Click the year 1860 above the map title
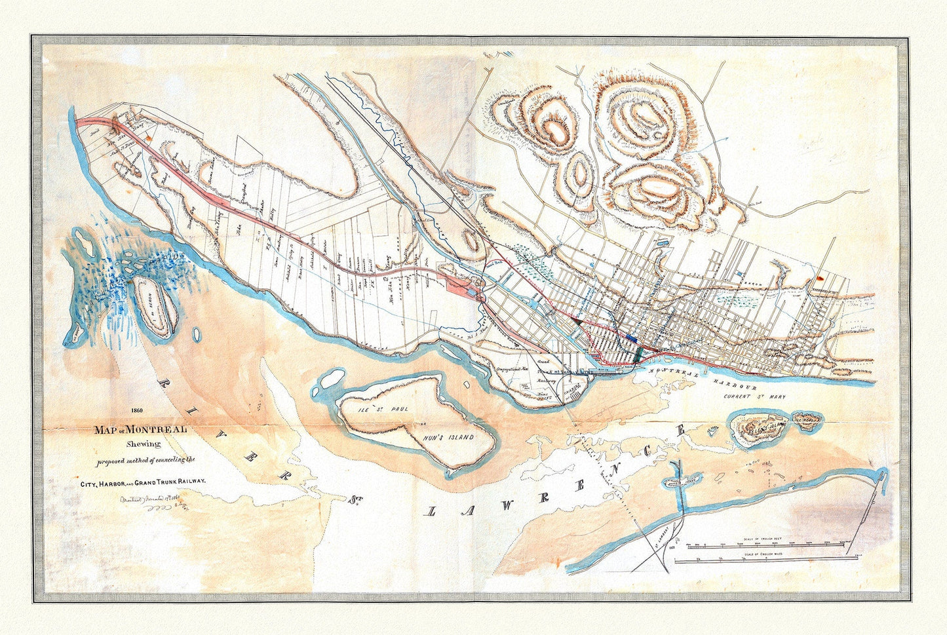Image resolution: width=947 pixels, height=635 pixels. click(x=136, y=411)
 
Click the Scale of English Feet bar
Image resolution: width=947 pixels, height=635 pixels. click(x=767, y=544)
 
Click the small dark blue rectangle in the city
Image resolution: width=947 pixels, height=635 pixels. click(x=631, y=337)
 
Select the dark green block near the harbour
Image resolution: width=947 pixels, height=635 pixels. click(x=639, y=354)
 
